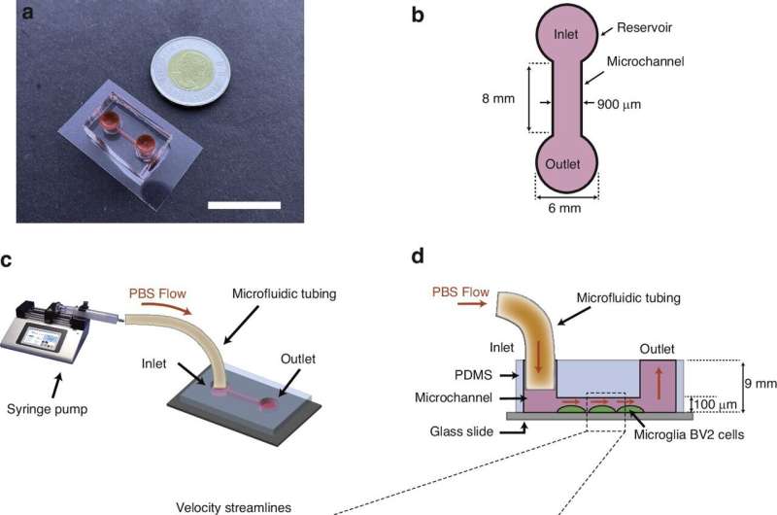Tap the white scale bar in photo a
point(245,205)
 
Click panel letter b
point(418,16)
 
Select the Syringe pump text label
point(47,409)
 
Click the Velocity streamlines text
point(249,507)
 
